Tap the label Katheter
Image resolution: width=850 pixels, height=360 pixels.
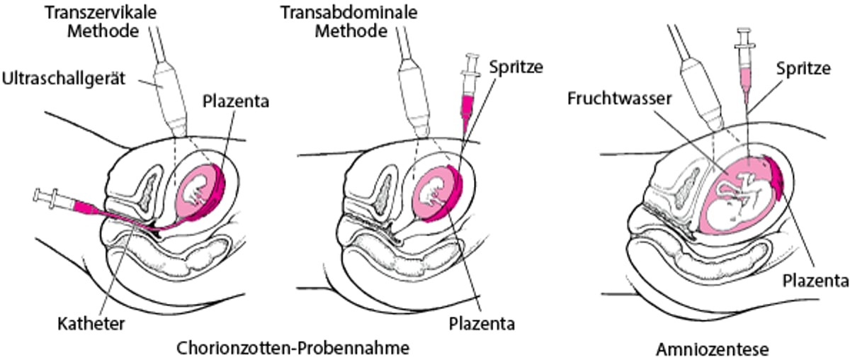coord(91,324)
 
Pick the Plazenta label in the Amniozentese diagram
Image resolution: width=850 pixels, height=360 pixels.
coord(816,281)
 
